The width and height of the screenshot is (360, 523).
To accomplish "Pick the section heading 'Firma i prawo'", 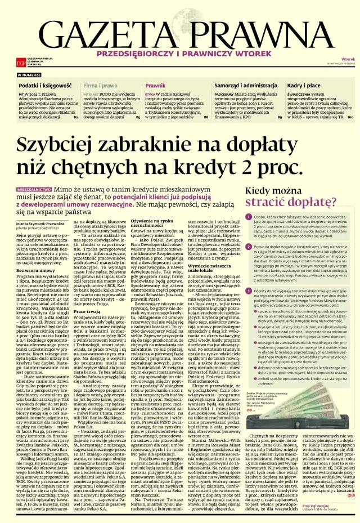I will [101, 84].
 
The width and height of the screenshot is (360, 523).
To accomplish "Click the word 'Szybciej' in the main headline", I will [65, 145].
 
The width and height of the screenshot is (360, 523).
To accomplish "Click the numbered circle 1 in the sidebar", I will [249, 217].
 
